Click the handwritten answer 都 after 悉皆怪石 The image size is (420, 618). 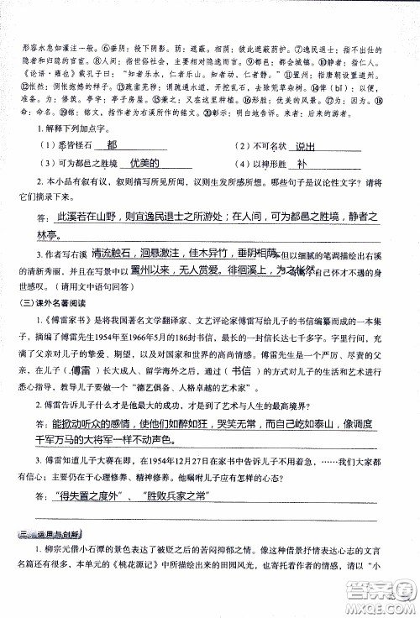coord(130,144)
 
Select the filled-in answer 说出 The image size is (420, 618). coord(310,144)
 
